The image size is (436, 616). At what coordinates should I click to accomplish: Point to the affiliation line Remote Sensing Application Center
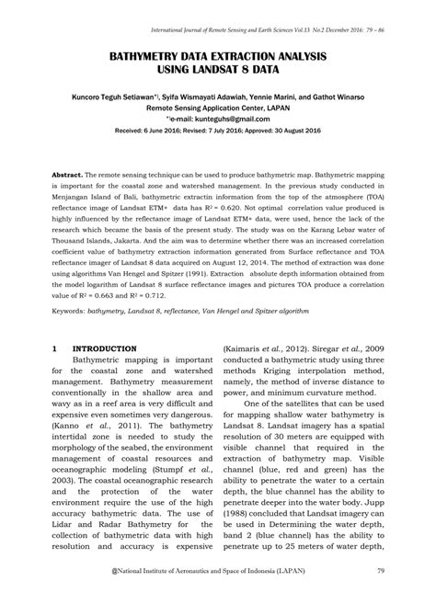coord(218,108)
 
